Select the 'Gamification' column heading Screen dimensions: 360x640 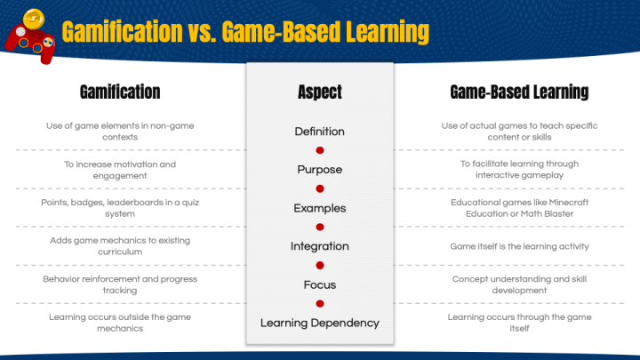pyautogui.click(x=120, y=92)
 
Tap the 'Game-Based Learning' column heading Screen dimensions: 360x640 pyautogui.click(x=519, y=92)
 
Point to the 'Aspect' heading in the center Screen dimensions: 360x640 pyautogui.click(x=319, y=92)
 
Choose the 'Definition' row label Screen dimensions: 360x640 pyautogui.click(x=319, y=132)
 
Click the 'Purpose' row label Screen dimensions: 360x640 pyautogui.click(x=319, y=170)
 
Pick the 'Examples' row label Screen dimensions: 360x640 pyautogui.click(x=319, y=208)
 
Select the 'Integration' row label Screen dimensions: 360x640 pyautogui.click(x=319, y=246)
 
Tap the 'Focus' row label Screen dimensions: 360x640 pyautogui.click(x=319, y=284)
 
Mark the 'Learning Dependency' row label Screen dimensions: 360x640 pyautogui.click(x=319, y=323)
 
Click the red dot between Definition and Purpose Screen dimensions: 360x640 pyautogui.click(x=319, y=151)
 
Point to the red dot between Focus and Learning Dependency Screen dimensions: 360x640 pyautogui.click(x=319, y=304)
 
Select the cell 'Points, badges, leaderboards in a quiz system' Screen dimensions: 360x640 pyautogui.click(x=120, y=207)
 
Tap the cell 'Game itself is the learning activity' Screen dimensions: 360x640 pyautogui.click(x=519, y=246)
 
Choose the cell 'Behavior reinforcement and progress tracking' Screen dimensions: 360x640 pyautogui.click(x=120, y=284)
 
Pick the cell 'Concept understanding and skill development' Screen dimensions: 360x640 pyautogui.click(x=519, y=284)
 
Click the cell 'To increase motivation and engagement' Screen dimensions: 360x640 pyautogui.click(x=120, y=170)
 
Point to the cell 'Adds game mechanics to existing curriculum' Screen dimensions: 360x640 pyautogui.click(x=120, y=246)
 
